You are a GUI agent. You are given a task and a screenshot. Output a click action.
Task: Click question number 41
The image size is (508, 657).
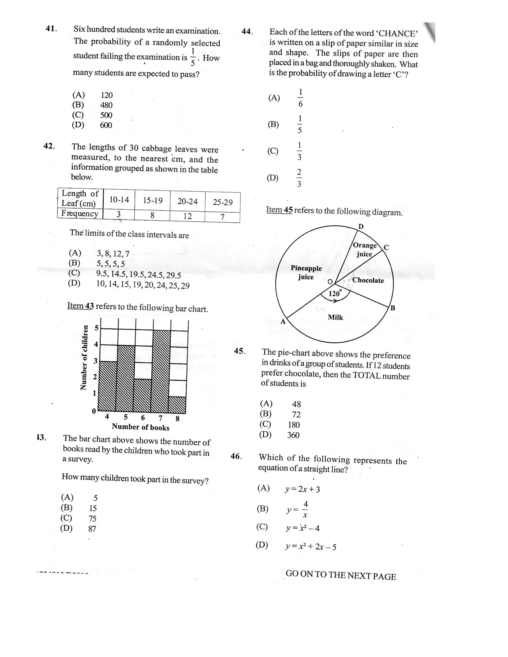[51, 29]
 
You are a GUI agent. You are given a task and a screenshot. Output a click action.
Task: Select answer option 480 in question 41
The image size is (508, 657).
[106, 105]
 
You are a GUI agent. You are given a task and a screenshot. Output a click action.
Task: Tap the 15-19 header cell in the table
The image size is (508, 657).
[153, 200]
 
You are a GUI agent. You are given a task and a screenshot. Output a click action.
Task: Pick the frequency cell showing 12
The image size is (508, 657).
[188, 216]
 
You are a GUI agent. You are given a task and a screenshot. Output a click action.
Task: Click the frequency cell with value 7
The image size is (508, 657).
[222, 217]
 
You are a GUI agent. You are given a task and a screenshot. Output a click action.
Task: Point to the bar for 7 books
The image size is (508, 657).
[162, 372]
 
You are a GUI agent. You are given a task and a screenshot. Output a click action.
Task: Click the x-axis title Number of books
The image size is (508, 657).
[141, 427]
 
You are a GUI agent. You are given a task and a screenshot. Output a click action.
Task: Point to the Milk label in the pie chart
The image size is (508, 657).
[335, 317]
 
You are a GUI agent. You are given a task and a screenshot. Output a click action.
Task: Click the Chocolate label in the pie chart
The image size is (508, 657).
[368, 280]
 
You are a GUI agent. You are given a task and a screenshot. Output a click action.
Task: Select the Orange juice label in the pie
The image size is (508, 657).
[364, 249]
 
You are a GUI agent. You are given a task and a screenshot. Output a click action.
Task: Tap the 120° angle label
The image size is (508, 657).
[335, 293]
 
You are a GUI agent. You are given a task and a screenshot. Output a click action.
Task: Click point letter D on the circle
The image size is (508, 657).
[361, 227]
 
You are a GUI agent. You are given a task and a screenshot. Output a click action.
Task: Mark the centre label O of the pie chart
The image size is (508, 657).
[330, 282]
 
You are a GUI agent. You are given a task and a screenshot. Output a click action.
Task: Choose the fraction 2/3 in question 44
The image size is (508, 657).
[299, 178]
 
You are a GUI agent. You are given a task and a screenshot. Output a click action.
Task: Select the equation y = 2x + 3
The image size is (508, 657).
[302, 489]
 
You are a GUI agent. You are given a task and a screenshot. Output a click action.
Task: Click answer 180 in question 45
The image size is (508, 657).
[294, 425]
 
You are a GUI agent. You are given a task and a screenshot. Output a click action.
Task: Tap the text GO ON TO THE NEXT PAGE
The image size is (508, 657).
[341, 575]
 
